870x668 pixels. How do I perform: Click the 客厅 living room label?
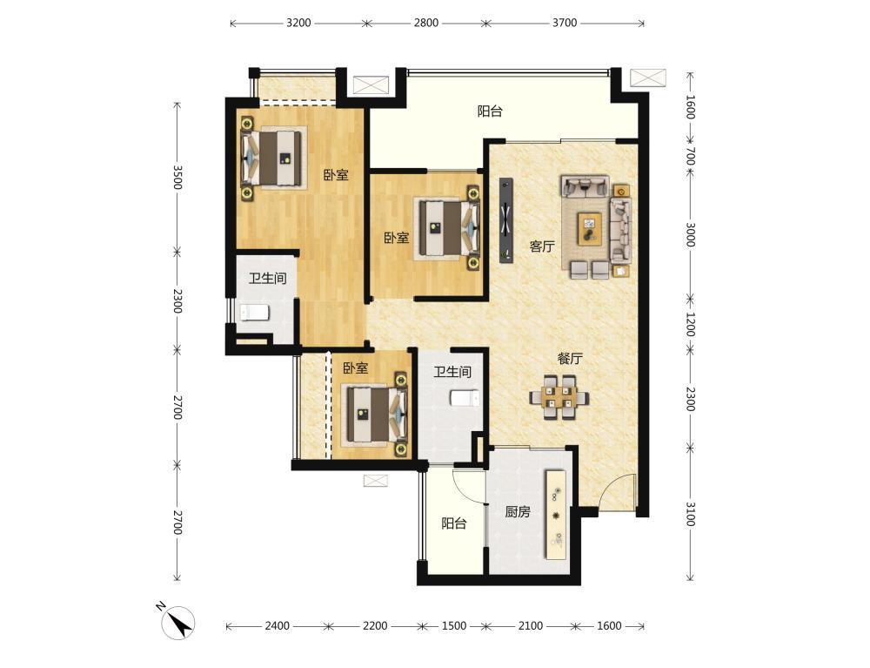coord(541,246)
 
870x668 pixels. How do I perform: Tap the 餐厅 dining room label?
coord(570,359)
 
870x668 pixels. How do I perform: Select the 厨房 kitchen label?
coord(517,511)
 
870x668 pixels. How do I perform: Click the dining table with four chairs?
coord(559,398)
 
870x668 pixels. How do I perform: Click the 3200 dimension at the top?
coord(298,23)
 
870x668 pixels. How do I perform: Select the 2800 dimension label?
coord(426,23)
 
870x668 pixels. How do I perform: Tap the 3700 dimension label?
coord(565,23)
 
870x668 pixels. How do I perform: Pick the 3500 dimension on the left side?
coord(177,177)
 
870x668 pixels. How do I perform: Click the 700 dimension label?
coord(690,156)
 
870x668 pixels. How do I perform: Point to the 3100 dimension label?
coord(690,514)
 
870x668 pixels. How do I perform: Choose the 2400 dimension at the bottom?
coord(277,626)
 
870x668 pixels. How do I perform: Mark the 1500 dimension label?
coord(454,626)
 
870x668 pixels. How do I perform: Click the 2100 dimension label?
coord(531,626)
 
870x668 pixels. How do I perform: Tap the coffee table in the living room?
coord(589,228)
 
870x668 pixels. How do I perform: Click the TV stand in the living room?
coord(506,219)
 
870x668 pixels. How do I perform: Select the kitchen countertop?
coord(556,516)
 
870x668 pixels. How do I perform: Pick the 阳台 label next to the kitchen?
coord(454,523)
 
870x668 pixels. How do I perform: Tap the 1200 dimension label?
coord(690,324)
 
